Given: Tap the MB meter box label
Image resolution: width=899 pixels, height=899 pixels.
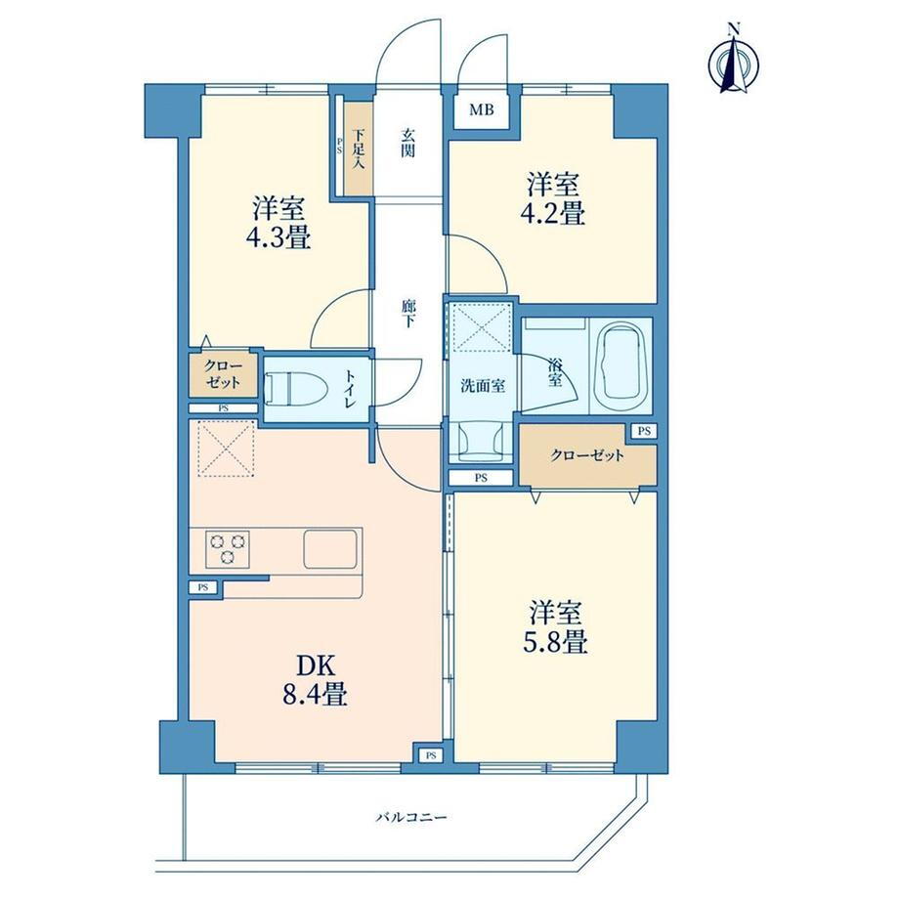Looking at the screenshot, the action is click(482, 110).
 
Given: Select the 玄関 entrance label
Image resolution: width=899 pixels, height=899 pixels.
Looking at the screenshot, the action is click(407, 144).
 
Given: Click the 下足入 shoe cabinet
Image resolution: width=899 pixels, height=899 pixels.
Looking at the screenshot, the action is click(358, 149).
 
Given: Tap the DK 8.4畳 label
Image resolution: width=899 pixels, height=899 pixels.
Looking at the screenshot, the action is click(315, 680).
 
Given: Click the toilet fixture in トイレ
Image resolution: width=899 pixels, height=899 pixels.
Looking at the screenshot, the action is click(296, 387).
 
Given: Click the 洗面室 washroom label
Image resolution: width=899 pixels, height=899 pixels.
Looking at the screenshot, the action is click(484, 386).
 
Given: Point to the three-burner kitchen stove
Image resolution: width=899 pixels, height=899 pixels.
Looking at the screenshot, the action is click(228, 547).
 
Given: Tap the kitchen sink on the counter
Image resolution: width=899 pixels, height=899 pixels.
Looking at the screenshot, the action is click(330, 549).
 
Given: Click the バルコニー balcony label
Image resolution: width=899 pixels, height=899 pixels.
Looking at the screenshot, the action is click(411, 817).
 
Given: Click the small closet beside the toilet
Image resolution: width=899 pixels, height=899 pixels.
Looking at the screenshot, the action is click(223, 373).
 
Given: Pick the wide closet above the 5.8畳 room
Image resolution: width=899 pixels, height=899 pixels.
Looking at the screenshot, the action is click(587, 455).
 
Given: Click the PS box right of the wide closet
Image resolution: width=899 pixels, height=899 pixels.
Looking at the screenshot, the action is click(644, 431).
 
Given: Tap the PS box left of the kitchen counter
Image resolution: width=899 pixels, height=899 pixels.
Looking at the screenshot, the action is click(204, 587).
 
